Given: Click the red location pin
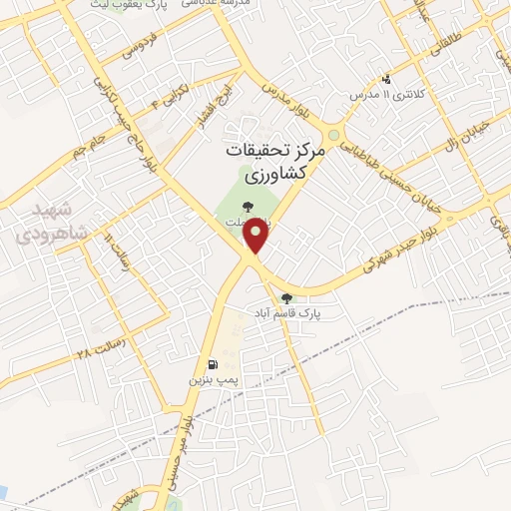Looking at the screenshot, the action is click(x=257, y=236).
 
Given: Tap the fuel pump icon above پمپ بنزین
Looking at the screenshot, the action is click(x=213, y=364).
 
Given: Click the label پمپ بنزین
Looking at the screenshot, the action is click(x=214, y=381).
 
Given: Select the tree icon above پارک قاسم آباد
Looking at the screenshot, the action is click(x=287, y=297).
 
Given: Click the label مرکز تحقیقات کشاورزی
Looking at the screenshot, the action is click(x=270, y=165).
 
